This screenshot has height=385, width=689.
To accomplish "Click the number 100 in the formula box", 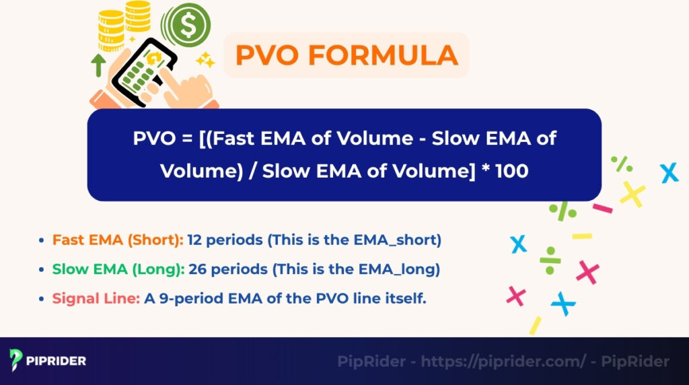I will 511,171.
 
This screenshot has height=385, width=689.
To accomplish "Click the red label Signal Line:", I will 96,298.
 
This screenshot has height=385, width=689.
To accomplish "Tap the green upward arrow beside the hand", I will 99,65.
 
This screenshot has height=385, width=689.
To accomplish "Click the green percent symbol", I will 621,164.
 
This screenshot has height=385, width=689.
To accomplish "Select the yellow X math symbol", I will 632,194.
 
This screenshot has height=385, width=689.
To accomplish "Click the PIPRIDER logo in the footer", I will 48,361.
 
